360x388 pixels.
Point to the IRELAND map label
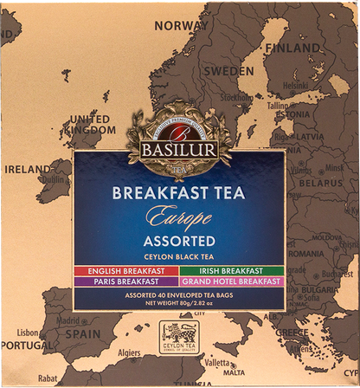pyautogui.click(x=26, y=171)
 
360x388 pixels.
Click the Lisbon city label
pyautogui.click(x=28, y=333)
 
